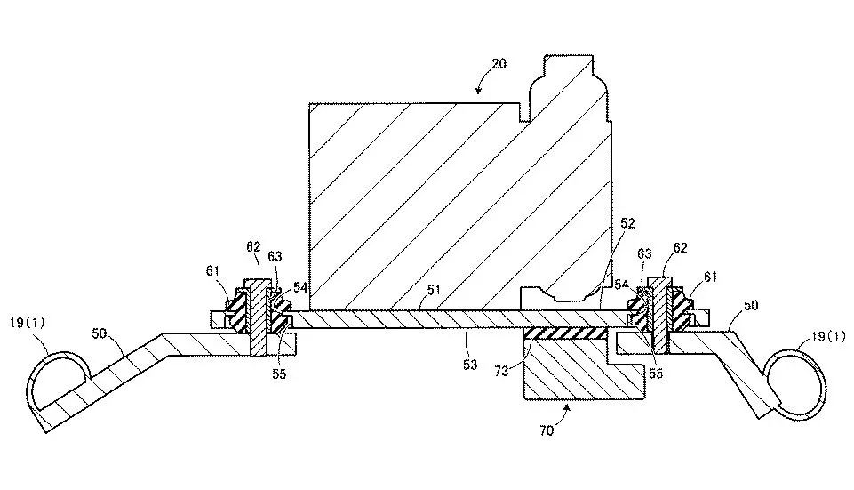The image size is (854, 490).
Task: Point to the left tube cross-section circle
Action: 55,378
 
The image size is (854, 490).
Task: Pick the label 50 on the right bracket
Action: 750,305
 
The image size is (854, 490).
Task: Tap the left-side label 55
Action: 280,374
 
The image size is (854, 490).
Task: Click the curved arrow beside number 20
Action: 483,83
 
